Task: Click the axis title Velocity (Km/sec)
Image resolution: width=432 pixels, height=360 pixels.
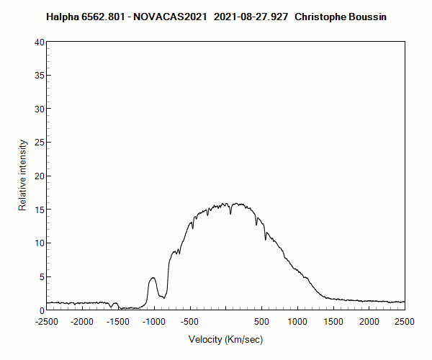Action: click(x=226, y=340)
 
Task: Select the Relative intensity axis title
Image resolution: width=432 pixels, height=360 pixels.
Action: click(x=22, y=176)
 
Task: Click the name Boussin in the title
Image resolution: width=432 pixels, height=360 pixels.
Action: click(x=368, y=16)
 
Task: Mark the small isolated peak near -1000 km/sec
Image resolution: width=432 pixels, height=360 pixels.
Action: click(x=153, y=278)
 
